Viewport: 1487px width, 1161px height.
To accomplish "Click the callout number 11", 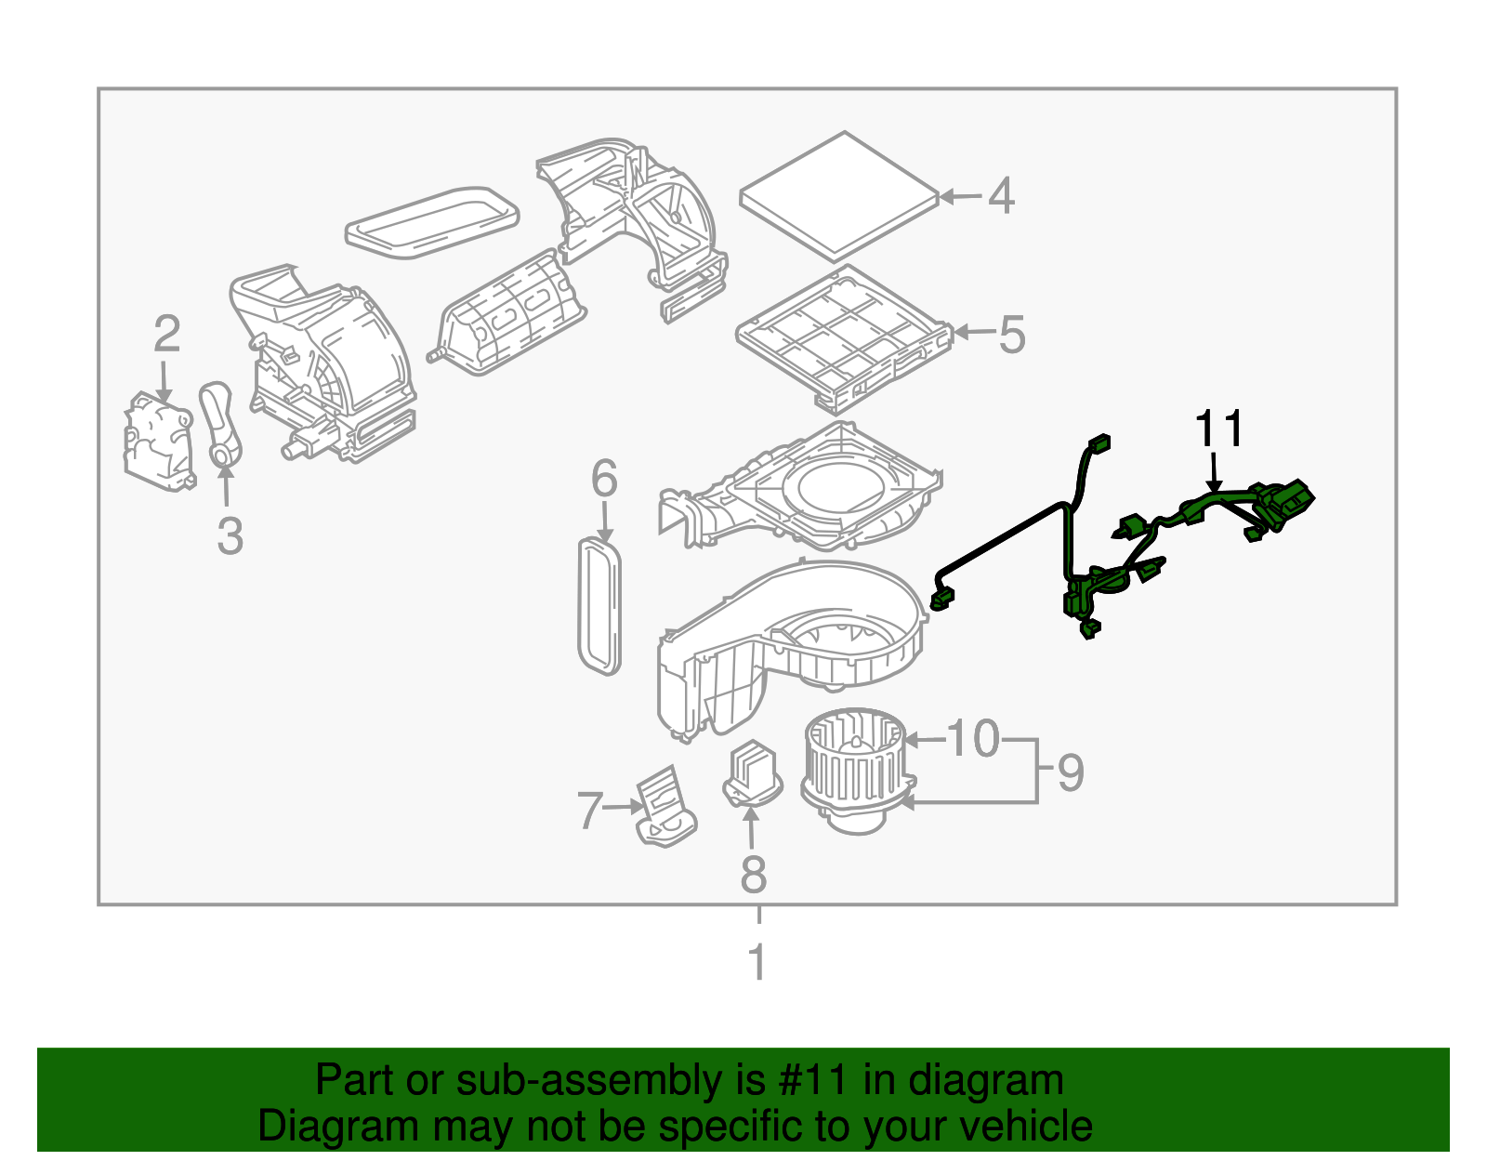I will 1218,429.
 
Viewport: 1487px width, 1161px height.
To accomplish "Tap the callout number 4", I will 1001,196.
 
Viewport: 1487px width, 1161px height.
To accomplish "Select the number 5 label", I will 1012,335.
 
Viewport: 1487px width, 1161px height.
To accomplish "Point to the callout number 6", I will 604,480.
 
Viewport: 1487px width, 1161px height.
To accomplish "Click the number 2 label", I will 166,335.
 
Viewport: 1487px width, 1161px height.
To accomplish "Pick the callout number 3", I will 230,536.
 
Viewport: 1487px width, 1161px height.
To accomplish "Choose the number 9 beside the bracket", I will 1071,772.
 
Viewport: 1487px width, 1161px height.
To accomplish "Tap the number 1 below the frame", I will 757,963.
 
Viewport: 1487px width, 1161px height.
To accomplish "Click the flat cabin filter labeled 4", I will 839,195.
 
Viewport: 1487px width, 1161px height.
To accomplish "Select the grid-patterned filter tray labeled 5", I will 841,339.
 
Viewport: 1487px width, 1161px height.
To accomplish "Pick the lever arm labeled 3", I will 221,423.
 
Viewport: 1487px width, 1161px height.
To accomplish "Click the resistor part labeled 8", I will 753,773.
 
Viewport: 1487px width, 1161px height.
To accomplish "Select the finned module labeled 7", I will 665,804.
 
